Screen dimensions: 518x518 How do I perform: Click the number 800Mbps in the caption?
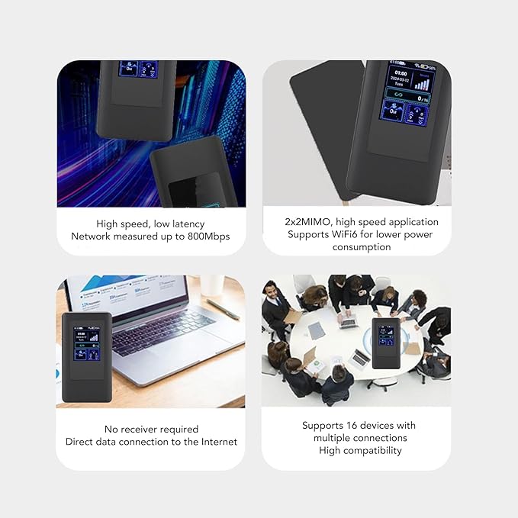tap(203, 236)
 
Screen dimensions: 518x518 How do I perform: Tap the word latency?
tap(185, 224)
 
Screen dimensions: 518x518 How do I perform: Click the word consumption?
tap(356, 247)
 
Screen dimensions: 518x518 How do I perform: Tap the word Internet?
tap(217, 442)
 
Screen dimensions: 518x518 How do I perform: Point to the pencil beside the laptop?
tap(222, 309)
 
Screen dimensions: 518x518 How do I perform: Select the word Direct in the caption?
tap(81, 442)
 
